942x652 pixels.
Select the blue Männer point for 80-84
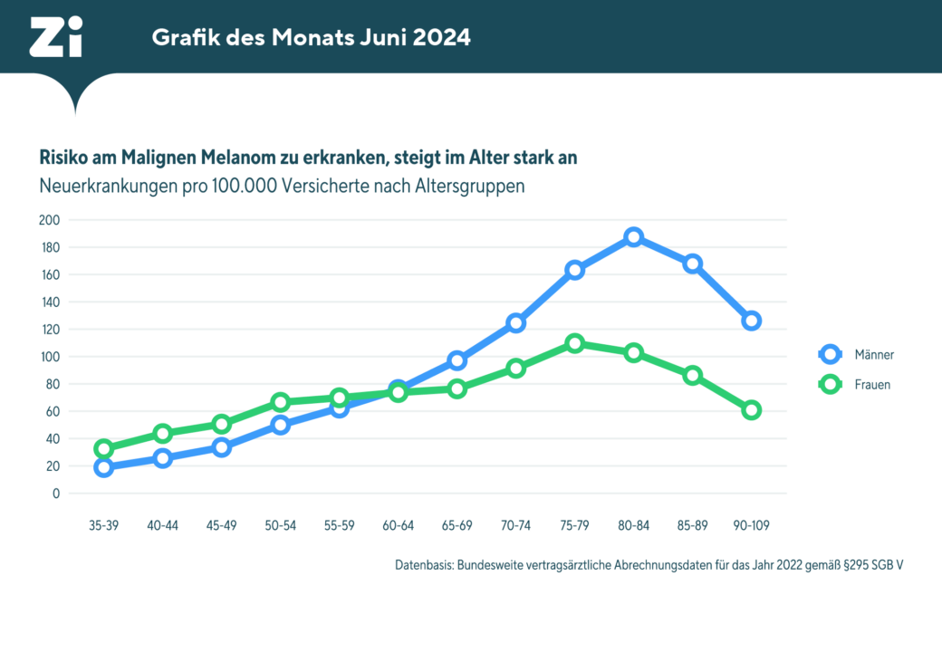coord(633,237)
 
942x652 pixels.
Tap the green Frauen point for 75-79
coord(574,343)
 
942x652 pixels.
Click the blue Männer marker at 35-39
coord(103,467)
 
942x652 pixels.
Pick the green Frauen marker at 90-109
coord(751,410)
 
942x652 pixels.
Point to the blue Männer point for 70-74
coord(515,323)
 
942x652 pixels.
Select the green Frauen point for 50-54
coord(280,402)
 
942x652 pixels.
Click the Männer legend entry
coord(856,354)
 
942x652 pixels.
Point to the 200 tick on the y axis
coord(50,220)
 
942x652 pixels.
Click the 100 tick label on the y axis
coord(50,357)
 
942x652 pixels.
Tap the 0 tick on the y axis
coord(56,494)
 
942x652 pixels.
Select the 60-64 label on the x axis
coord(398,525)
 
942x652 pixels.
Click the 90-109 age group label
coord(751,525)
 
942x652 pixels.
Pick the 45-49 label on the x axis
coord(221,525)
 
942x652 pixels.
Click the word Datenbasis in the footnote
coord(424,564)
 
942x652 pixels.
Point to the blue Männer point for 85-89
coord(692,264)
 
